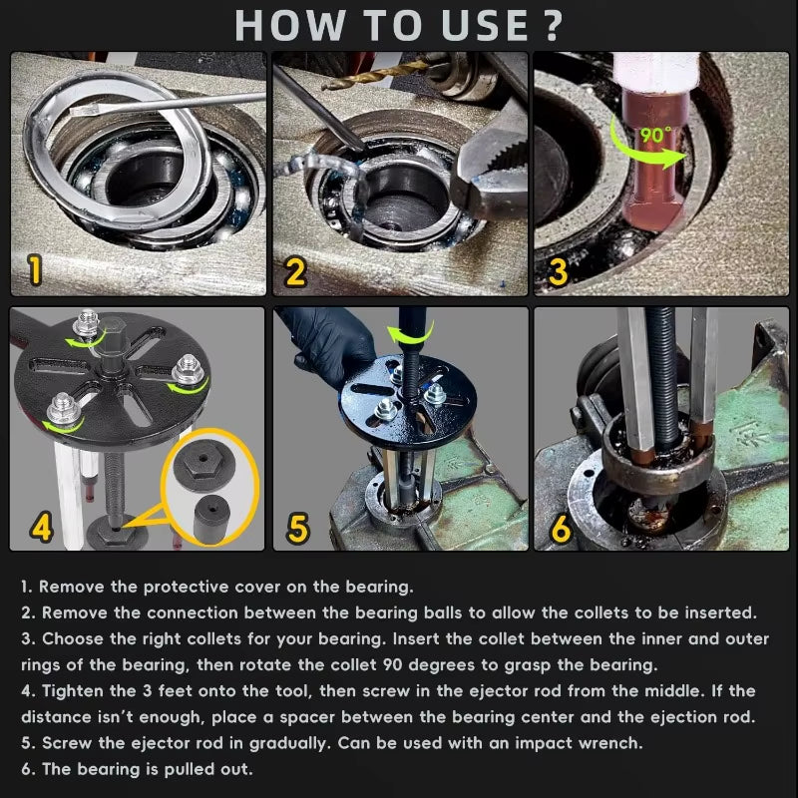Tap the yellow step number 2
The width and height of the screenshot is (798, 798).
(x=294, y=271)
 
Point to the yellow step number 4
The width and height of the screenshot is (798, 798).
(x=40, y=527)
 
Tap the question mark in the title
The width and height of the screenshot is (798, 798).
(x=552, y=25)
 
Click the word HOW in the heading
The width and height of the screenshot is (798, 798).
(x=290, y=25)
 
